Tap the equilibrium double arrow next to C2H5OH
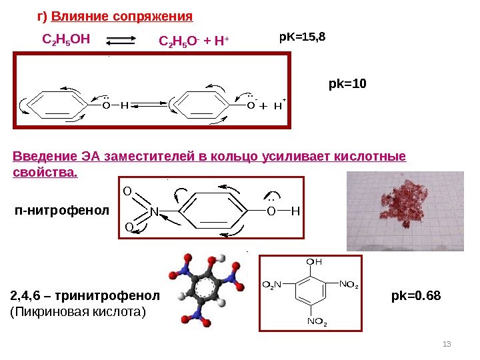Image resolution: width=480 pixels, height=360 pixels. [124, 41]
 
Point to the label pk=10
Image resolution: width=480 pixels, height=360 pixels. [348, 85]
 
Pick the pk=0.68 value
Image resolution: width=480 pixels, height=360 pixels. [416, 295]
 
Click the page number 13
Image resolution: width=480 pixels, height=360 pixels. [447, 344]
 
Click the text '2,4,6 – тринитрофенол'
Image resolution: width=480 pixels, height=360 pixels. [85, 295]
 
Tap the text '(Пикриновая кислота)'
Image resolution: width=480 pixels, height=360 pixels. [78, 311]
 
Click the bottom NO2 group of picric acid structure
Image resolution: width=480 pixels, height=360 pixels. [317, 323]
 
